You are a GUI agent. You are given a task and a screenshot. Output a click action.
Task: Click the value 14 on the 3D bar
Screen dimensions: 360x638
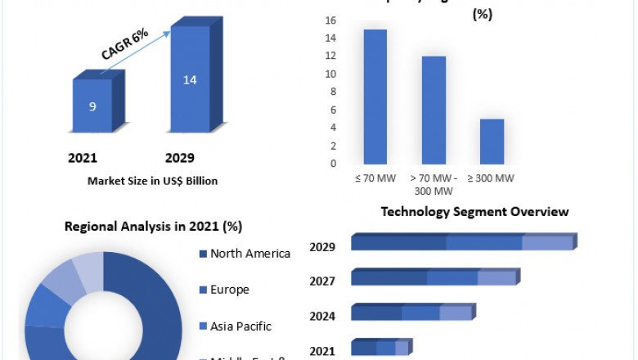[x=190, y=80]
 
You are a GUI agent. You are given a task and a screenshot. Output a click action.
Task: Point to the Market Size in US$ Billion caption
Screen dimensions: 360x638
[x=152, y=181]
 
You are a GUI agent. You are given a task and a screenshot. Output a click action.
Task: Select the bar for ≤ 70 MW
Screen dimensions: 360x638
[x=375, y=97]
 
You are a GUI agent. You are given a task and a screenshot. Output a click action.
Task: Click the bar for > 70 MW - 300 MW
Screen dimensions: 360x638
[x=434, y=110]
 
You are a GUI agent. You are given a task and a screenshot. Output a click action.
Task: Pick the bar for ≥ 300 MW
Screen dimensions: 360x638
[x=492, y=141]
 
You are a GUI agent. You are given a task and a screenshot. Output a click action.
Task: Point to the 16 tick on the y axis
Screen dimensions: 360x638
[x=331, y=20]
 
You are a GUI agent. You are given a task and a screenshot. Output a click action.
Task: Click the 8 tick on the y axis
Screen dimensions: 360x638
[x=331, y=92]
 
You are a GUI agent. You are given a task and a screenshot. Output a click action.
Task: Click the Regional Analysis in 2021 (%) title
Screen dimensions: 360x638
[x=153, y=227]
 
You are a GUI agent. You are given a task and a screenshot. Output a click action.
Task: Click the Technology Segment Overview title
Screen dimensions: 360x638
[x=474, y=212]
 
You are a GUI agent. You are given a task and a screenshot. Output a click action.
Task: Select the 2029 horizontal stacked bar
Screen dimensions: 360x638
[x=463, y=242]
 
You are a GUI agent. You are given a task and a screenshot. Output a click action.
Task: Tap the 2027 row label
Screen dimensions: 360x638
[x=322, y=281]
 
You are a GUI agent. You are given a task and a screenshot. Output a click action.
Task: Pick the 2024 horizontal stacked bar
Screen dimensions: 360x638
[x=412, y=313]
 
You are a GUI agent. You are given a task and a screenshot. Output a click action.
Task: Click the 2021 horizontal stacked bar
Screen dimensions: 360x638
[x=380, y=348]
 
